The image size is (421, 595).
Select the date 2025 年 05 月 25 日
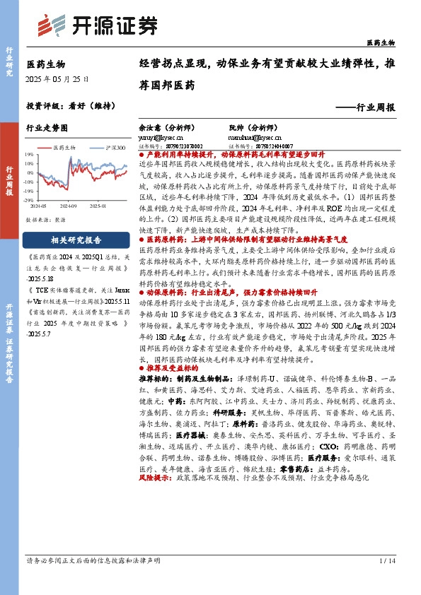point(57,81)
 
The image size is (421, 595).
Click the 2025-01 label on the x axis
point(97,206)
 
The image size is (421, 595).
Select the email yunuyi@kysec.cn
point(161,139)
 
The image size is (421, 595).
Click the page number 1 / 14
point(386,560)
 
